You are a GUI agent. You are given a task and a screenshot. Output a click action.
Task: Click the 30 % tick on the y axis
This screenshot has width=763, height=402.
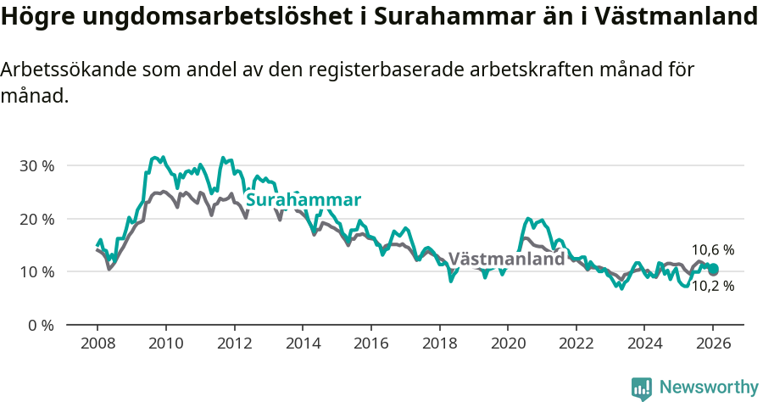36,165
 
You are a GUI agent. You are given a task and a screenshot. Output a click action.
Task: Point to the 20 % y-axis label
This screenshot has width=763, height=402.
36,219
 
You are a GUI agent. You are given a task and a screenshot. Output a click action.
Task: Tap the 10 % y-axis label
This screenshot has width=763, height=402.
36,271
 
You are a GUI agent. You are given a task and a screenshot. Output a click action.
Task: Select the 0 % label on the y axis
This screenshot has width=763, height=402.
40,325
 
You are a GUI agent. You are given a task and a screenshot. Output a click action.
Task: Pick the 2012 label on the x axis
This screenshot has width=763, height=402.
234,343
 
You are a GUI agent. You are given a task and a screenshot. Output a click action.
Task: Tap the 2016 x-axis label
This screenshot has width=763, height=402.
370,343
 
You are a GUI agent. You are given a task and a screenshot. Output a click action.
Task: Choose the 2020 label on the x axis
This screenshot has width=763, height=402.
507,343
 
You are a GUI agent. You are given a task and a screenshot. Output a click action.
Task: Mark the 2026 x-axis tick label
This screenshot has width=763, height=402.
713,343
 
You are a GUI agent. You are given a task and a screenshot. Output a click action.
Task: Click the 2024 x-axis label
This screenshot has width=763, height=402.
644,343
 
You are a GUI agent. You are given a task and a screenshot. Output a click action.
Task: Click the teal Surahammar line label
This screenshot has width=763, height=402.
304,200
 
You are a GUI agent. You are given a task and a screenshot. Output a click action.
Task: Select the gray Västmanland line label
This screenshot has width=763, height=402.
506,260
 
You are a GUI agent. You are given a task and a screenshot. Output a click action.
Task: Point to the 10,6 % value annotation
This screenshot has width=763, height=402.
712,250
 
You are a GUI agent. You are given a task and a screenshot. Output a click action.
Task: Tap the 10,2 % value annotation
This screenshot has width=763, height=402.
712,287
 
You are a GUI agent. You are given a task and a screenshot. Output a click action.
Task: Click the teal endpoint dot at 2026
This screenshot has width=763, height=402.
713,270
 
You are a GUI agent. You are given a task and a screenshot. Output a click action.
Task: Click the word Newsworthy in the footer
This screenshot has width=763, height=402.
709,387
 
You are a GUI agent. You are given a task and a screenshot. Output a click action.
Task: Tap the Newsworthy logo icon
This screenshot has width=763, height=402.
642,388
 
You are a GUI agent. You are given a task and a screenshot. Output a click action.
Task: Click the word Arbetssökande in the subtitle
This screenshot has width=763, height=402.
62,70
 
